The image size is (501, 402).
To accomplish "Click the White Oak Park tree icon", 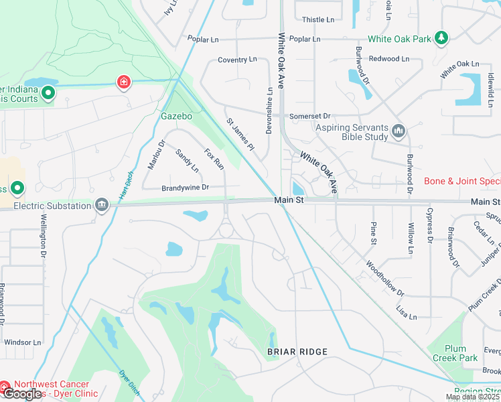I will click(x=441, y=38).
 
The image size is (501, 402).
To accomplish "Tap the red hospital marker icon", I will click(x=123, y=82).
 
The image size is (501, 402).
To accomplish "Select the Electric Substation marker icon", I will click(x=102, y=204).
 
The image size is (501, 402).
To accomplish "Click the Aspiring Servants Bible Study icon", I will click(x=399, y=131).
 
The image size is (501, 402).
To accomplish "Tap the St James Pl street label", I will click(x=240, y=134).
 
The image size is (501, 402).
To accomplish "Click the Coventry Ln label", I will click(x=237, y=60).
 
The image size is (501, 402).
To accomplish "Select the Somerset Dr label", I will click(x=310, y=116).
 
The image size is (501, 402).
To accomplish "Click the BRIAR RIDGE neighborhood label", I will click(x=297, y=352).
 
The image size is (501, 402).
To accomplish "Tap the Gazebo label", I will click(x=176, y=116).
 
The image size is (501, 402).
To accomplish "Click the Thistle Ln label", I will click(x=317, y=19).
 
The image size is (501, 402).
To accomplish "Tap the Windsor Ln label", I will click(x=22, y=342).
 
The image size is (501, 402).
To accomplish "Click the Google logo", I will click(x=22, y=394).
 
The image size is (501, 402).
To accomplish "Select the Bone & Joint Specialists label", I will click(x=462, y=182).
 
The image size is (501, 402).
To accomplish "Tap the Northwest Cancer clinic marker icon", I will click(x=5, y=387).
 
